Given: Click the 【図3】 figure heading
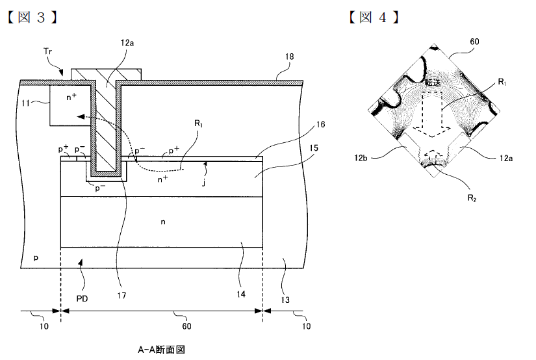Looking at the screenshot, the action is [x=32, y=17].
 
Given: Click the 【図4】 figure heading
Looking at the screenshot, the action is [x=374, y=17].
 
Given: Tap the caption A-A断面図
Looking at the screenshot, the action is [x=161, y=350].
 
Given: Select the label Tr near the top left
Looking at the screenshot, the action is [x=48, y=51].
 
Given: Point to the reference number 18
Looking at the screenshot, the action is [x=289, y=57].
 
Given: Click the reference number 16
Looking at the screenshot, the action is [x=320, y=125].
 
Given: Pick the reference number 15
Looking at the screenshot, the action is [x=313, y=148].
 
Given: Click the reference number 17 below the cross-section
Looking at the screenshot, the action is [x=121, y=296].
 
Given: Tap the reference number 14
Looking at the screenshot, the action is [x=240, y=294].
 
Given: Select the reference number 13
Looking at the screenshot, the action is [x=285, y=300].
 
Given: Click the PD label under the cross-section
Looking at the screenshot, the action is [x=82, y=298].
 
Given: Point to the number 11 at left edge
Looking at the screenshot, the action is [x=25, y=103].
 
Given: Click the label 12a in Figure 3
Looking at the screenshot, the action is [x=127, y=43].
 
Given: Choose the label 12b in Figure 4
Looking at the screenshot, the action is [x=361, y=158].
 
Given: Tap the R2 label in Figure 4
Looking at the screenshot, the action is [x=472, y=198].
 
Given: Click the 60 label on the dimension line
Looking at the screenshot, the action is [x=186, y=326].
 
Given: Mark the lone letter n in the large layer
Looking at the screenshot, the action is [x=163, y=222].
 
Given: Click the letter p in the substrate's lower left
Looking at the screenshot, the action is [x=36, y=257].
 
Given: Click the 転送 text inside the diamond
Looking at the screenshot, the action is [x=433, y=83].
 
